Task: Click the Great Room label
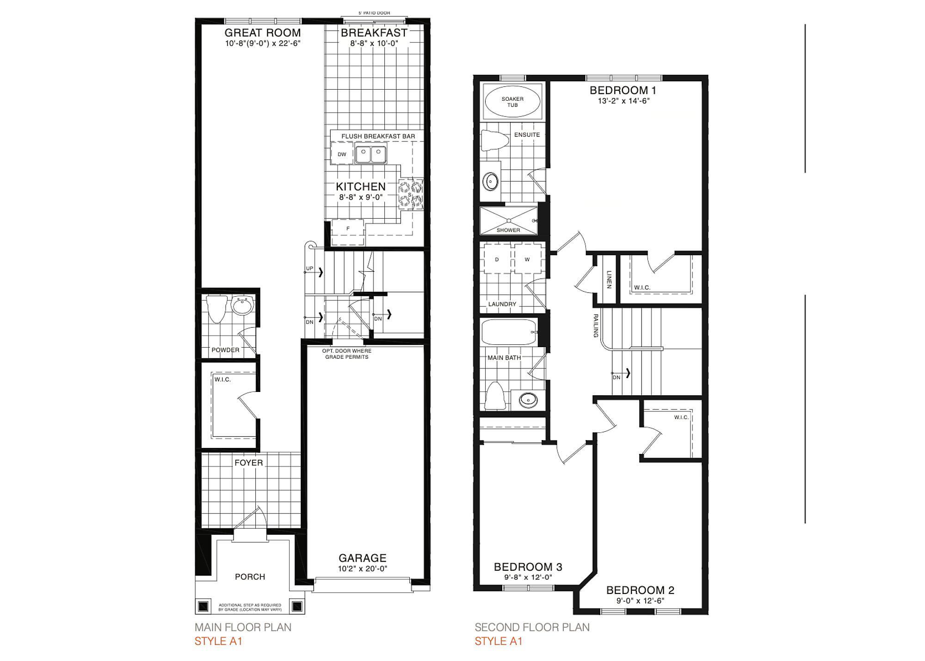click(263, 33)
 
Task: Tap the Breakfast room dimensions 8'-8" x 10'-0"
click(374, 43)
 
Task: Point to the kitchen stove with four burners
click(411, 194)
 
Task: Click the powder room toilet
click(216, 309)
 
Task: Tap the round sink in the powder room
click(242, 306)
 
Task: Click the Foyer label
click(249, 463)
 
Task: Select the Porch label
click(250, 577)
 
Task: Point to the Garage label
click(363, 558)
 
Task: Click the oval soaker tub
click(512, 102)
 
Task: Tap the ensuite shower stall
click(509, 220)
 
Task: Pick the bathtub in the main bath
click(509, 332)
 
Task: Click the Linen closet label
click(609, 280)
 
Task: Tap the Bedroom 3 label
click(528, 567)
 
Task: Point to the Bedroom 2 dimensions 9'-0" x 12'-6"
click(641, 601)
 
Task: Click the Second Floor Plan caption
click(532, 627)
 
